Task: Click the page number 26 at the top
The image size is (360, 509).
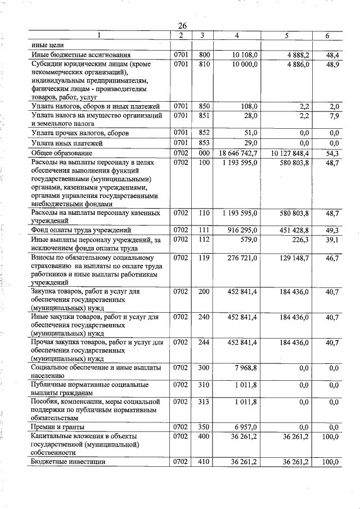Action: (x=182, y=26)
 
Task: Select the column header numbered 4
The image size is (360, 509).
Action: (x=237, y=36)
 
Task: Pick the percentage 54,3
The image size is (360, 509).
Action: (x=332, y=153)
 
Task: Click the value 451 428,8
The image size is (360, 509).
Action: (x=293, y=230)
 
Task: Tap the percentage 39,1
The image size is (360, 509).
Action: (x=332, y=240)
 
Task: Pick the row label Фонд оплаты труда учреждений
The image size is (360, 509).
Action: (x=81, y=230)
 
